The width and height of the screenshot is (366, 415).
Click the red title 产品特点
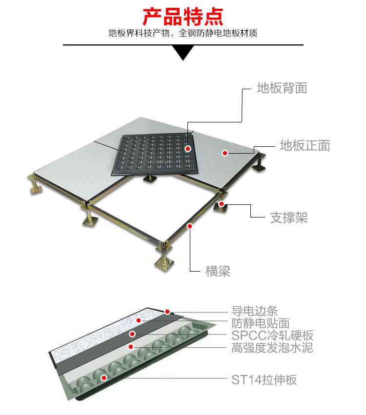(x=183, y=16)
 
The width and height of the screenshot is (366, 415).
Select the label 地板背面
(x=282, y=88)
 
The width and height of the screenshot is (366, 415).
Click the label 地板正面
(x=305, y=145)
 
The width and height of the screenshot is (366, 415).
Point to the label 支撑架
(x=289, y=217)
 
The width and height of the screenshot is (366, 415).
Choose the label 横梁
(x=218, y=271)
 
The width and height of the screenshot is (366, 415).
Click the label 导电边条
(x=254, y=311)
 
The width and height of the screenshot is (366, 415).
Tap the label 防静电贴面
(x=260, y=323)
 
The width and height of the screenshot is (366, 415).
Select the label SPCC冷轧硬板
(x=272, y=336)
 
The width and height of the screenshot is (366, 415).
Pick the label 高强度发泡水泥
(x=272, y=348)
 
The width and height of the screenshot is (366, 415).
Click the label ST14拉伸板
(x=264, y=379)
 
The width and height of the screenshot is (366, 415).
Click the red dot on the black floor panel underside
(x=188, y=147)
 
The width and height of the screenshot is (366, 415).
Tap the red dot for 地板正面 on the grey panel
(x=225, y=153)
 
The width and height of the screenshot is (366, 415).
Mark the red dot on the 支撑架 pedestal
(x=222, y=204)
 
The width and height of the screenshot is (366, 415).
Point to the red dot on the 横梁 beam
(x=190, y=225)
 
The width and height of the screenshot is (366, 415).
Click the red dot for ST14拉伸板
(x=103, y=377)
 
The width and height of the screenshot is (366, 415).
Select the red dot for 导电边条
(x=167, y=311)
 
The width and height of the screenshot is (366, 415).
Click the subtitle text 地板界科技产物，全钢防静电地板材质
(x=183, y=34)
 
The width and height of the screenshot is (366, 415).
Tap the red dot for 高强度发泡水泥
(x=130, y=346)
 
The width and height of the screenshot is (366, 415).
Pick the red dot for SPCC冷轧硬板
(x=132, y=334)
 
